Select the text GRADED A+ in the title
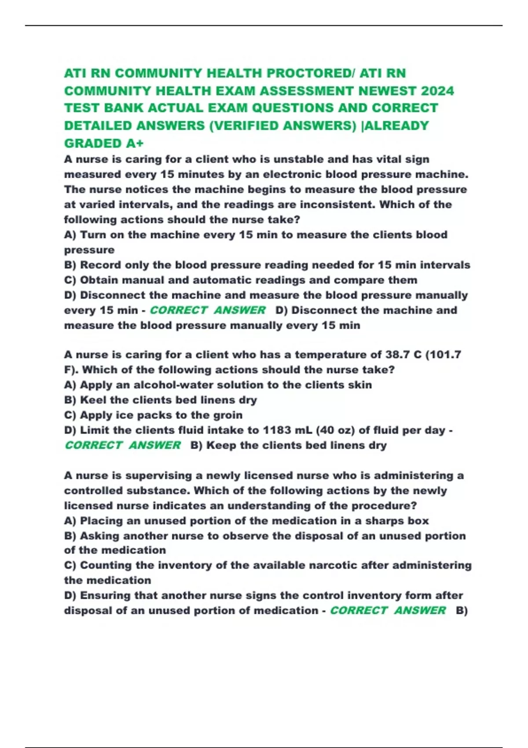(x=104, y=143)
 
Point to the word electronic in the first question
(x=292, y=174)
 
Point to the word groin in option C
(x=227, y=415)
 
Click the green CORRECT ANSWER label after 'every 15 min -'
(x=208, y=310)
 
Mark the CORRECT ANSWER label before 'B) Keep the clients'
(x=123, y=445)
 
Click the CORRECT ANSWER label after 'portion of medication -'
(x=388, y=611)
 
